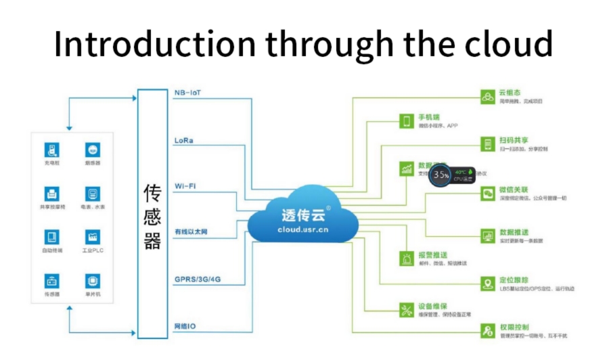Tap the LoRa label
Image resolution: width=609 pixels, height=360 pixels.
[x=184, y=141]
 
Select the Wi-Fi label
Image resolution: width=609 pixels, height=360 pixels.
[x=185, y=185]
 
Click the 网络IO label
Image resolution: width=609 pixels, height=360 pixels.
[x=185, y=326]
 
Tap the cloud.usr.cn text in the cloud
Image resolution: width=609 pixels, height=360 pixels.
[x=302, y=229]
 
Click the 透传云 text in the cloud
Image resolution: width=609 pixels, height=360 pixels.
[x=303, y=215]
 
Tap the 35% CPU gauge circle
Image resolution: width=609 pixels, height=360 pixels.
[x=441, y=175]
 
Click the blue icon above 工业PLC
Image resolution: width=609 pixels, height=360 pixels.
[x=92, y=237]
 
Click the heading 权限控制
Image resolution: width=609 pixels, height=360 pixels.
[x=515, y=328]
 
